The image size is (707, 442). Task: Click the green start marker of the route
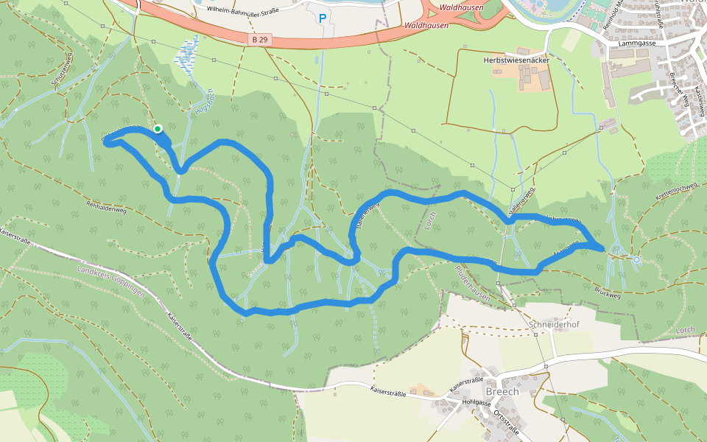click(157, 129)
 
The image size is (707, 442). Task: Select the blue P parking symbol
click(322, 18)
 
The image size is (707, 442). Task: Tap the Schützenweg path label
click(60, 74)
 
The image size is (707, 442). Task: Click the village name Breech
click(502, 391)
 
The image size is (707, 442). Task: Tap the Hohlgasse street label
click(476, 403)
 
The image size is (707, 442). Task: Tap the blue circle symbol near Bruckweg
click(636, 259)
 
